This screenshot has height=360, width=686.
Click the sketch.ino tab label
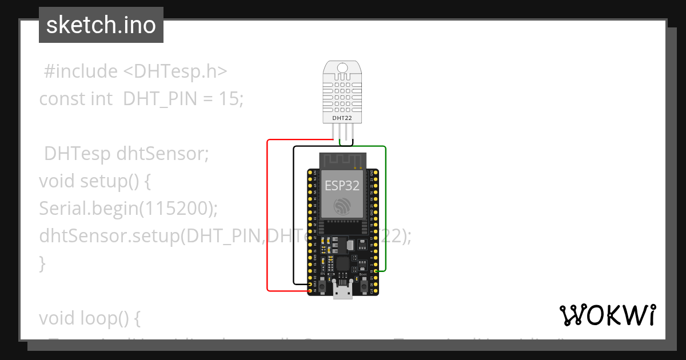click(101, 25)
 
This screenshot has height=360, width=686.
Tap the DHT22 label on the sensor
click(342, 118)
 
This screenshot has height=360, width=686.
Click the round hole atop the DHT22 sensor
click(342, 68)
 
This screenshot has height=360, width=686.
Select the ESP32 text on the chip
click(342, 185)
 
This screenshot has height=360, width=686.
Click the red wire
click(268, 217)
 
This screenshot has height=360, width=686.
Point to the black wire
click(294, 217)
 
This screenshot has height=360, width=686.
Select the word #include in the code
click(80, 71)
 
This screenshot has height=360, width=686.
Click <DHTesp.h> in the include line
click(175, 71)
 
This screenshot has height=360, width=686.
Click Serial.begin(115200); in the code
click(129, 209)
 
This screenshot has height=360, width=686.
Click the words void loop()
click(89, 318)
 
